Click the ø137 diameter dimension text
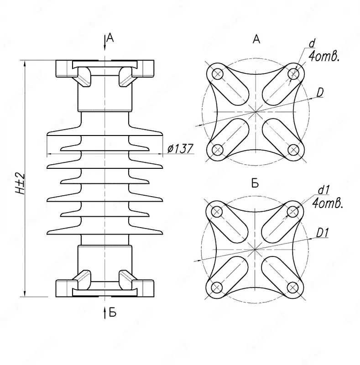click(x=181, y=149)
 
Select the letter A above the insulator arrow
click(x=110, y=39)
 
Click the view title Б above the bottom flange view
click(x=255, y=184)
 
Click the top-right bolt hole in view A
click(x=293, y=73)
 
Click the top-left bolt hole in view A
click(x=217, y=73)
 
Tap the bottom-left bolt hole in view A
click(x=217, y=149)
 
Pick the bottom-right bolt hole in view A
click(x=293, y=149)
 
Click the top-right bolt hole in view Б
click(x=293, y=211)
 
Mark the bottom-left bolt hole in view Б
click(x=217, y=287)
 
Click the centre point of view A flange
click(x=255, y=111)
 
